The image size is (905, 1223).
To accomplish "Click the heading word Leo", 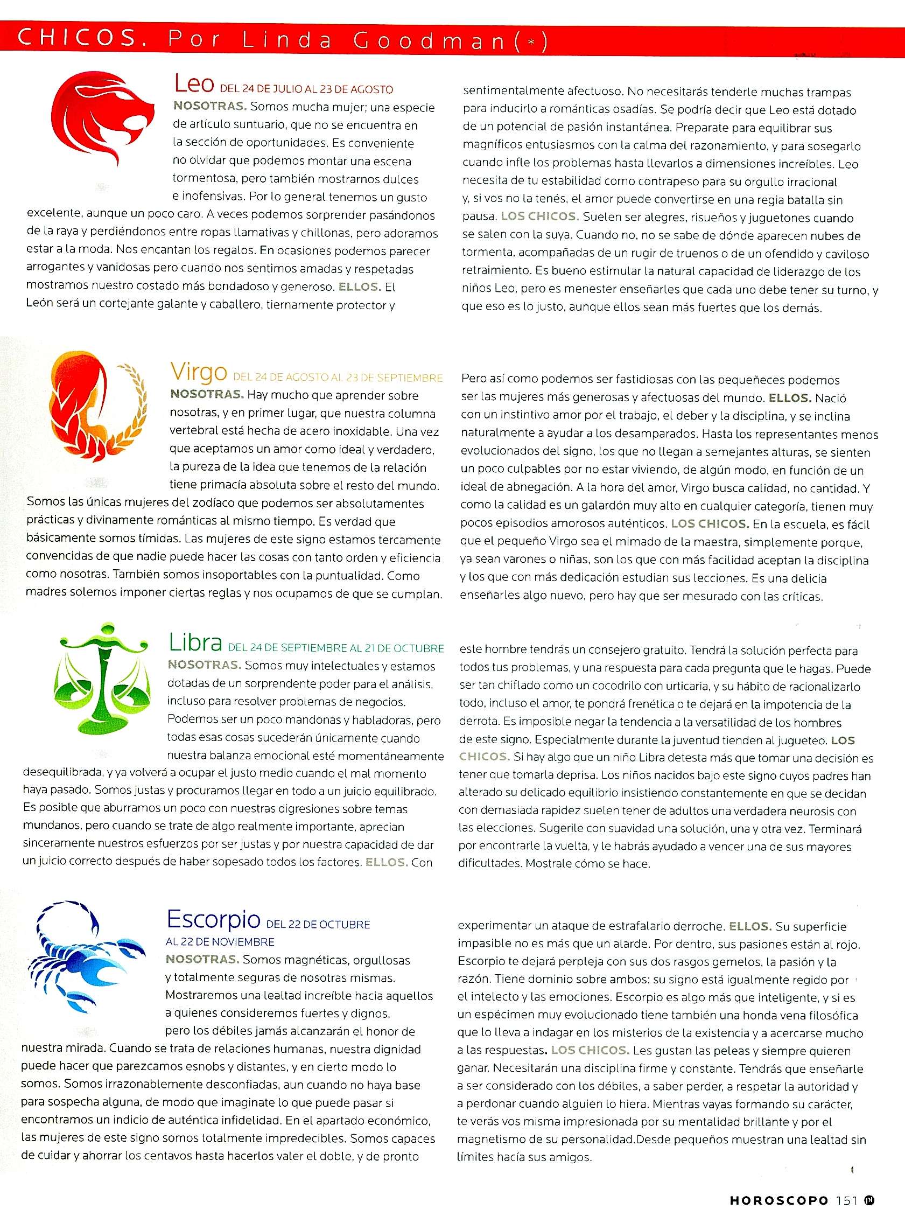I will coord(194,83).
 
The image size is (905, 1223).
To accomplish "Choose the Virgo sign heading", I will coord(198,372).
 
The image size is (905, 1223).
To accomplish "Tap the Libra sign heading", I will coord(195,642).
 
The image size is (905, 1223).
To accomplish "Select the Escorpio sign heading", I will coord(214,919).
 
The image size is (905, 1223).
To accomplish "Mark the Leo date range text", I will coord(306,89).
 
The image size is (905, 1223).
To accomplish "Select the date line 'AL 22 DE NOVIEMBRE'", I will coord(220,942).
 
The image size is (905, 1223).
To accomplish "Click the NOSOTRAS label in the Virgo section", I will coord(207,394).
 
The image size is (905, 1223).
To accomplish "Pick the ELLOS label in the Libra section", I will coord(386,862).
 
